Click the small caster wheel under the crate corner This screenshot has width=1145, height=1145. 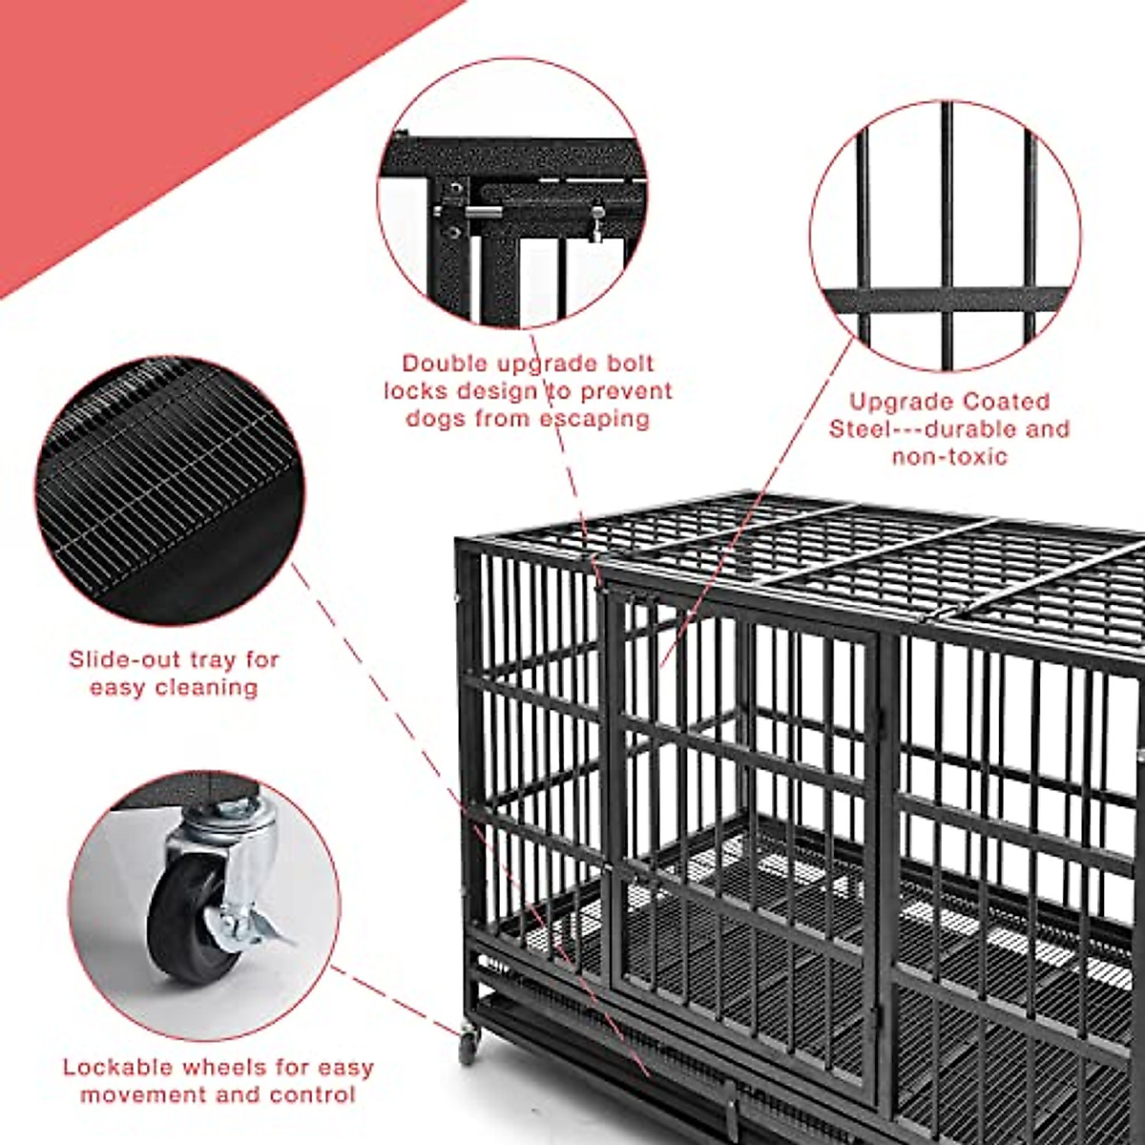tap(468, 1047)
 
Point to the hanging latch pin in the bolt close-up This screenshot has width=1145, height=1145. tap(596, 225)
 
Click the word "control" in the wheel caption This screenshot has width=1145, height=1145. tap(310, 1094)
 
